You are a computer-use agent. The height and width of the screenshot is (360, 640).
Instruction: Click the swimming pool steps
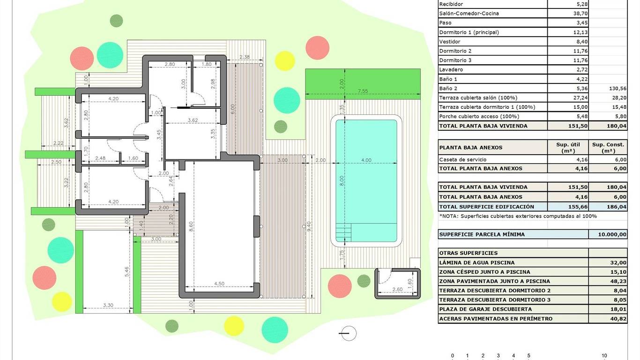(343, 232)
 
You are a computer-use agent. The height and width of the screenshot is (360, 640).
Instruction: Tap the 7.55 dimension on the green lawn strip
(363, 91)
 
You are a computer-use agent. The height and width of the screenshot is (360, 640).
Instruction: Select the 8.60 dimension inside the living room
(191, 226)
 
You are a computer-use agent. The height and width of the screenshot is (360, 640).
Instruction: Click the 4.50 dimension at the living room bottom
(219, 284)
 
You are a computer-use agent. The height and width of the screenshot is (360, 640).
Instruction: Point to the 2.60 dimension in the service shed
(397, 289)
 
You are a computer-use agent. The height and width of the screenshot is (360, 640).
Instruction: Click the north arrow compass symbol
(348, 333)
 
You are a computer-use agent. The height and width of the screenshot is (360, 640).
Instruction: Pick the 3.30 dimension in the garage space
(108, 305)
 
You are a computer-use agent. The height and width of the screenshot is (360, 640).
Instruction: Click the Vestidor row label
(449, 42)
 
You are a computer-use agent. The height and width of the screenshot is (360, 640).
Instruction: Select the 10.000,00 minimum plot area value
(612, 234)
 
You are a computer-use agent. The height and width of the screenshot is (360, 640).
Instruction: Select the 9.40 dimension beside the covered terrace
(309, 227)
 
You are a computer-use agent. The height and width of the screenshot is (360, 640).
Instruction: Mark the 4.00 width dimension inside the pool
(366, 160)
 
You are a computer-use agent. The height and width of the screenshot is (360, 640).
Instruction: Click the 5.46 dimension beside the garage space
(127, 272)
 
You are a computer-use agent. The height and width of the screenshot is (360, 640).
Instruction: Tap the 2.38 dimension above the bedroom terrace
(244, 57)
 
